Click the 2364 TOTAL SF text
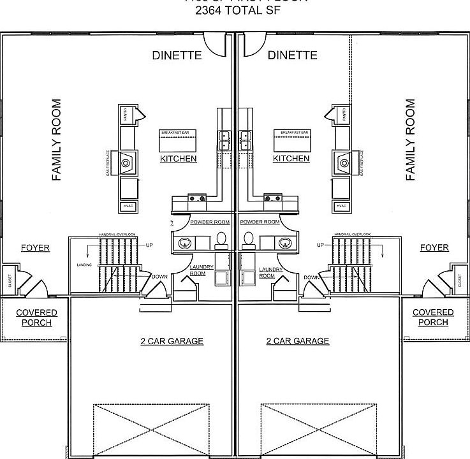coord(235,10)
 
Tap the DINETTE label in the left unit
coord(177,55)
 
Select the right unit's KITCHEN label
coord(291,158)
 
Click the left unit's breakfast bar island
coord(178,139)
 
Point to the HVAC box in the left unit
coord(128,206)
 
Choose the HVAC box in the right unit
coord(341,206)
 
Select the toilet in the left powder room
coord(221,240)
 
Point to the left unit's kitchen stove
coord(196,198)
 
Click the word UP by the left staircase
coord(149,245)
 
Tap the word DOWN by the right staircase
coord(311,277)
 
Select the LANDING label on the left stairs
coord(84,264)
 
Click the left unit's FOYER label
coord(35,247)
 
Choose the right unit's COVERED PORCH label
coord(433,317)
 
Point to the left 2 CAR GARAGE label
coord(172,341)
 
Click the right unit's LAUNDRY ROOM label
coord(267,273)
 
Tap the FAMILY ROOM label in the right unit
coord(410,140)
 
